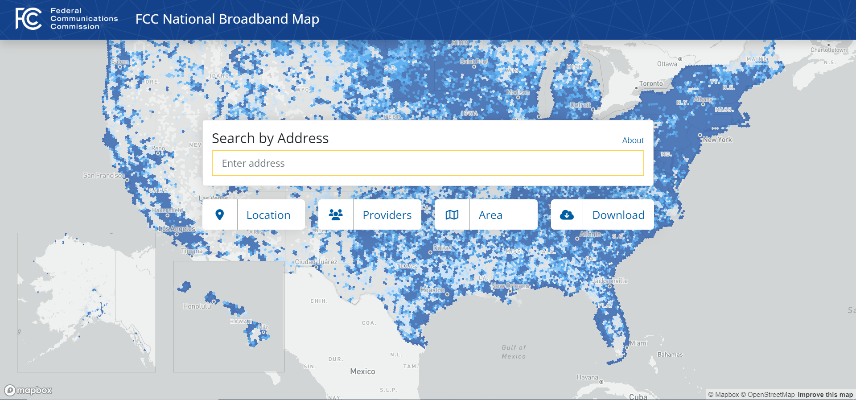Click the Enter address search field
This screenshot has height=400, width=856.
pos(428,163)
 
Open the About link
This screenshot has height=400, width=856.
pos(633,140)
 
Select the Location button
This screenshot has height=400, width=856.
pos(254,214)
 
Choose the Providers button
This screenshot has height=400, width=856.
pos(370,214)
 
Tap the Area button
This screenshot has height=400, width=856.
pos(486,214)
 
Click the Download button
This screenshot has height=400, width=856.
pos(602,214)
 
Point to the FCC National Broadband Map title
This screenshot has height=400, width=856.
pos(227,19)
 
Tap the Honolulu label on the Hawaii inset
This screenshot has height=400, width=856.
pos(197,306)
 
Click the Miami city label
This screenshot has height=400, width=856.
pos(638,343)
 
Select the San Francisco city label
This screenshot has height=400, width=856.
pos(103,176)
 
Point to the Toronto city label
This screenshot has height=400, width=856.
pos(650,84)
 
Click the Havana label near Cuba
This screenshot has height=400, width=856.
pos(587,377)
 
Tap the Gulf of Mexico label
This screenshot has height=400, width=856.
pos(514,352)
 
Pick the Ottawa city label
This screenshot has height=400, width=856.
pos(667,64)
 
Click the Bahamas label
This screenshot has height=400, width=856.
pos(670,355)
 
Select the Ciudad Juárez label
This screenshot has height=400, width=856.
pos(316,262)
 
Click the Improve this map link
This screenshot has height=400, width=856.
pos(825,395)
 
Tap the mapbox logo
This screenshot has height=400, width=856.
pos(29,391)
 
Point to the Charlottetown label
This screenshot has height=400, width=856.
pos(828,50)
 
